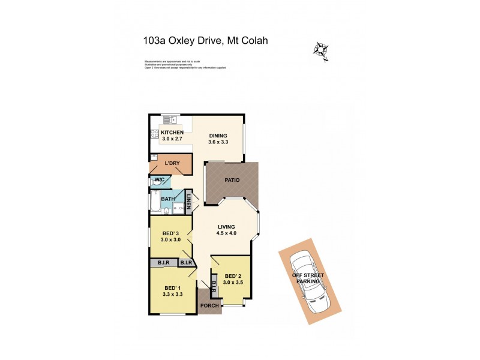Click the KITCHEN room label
172,132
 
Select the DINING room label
218,136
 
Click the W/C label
160,179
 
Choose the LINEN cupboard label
188,202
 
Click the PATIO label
232,179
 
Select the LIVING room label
226,227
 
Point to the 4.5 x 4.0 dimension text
226,233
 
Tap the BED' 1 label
172,289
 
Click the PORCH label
209,306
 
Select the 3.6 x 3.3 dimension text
218,142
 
